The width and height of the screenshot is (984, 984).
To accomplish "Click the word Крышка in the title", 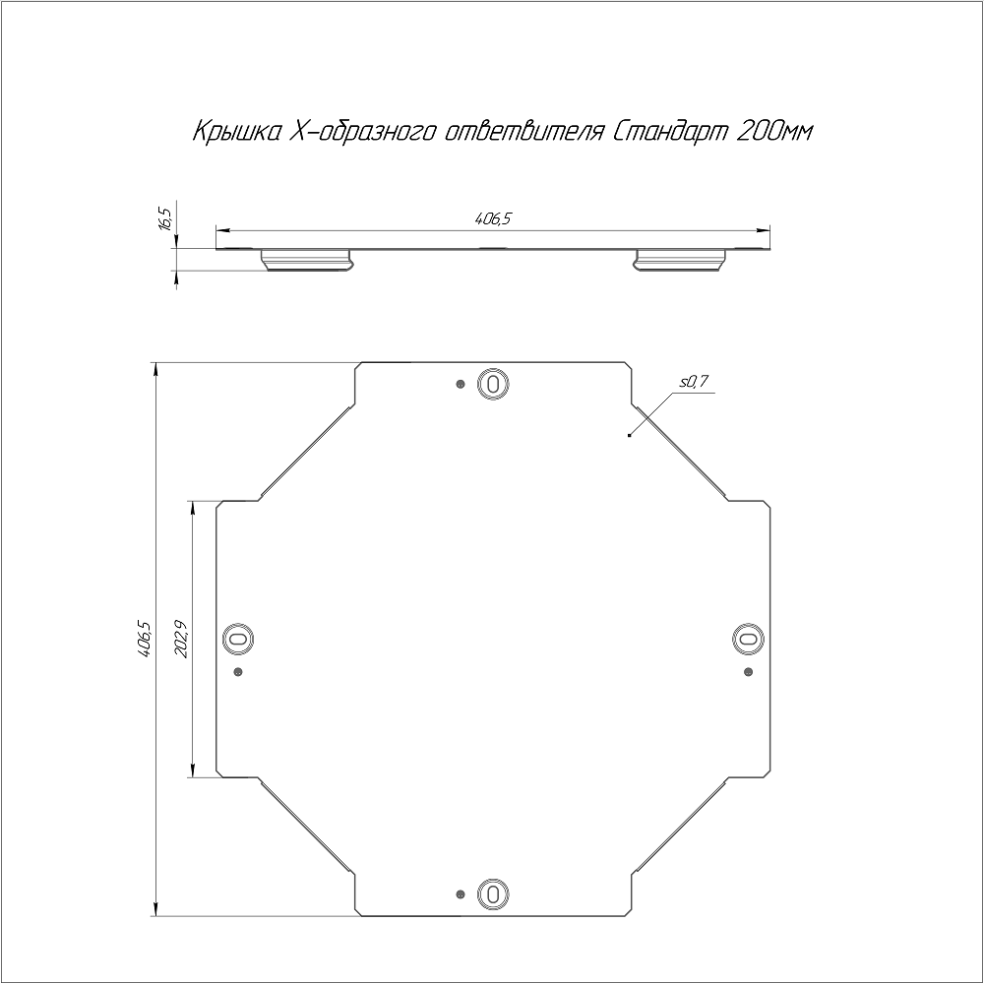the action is click(235, 133).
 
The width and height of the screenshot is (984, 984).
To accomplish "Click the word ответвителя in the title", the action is click(523, 132).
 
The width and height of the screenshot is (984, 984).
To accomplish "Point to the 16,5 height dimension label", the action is click(165, 217).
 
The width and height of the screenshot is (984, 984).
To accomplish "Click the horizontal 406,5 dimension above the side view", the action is click(493, 219).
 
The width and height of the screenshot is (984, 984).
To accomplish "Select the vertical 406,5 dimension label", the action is click(144, 639).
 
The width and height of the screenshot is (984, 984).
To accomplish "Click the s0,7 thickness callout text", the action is click(694, 381).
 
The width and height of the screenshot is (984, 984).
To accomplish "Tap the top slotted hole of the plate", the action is click(493, 383).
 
